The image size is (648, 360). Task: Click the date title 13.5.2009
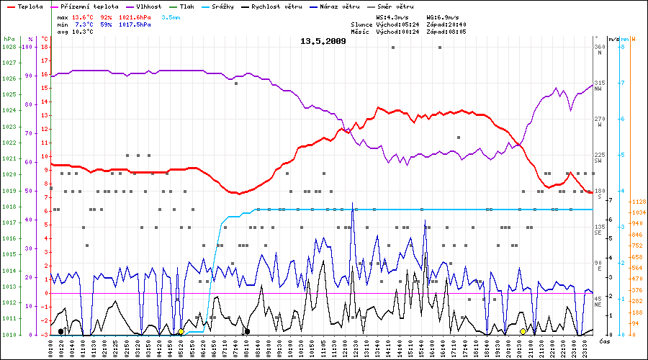[x=323, y=41]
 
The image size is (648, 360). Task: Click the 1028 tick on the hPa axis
[x=9, y=47]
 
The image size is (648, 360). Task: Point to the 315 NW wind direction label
[x=598, y=85]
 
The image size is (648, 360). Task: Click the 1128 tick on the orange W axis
[x=637, y=202]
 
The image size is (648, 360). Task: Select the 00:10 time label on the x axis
[x=55, y=348]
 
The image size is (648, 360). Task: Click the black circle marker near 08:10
[x=247, y=331]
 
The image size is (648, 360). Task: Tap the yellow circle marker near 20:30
[x=523, y=331]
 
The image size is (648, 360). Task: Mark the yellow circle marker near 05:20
[x=181, y=331]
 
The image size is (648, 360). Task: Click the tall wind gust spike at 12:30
[x=352, y=204]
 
